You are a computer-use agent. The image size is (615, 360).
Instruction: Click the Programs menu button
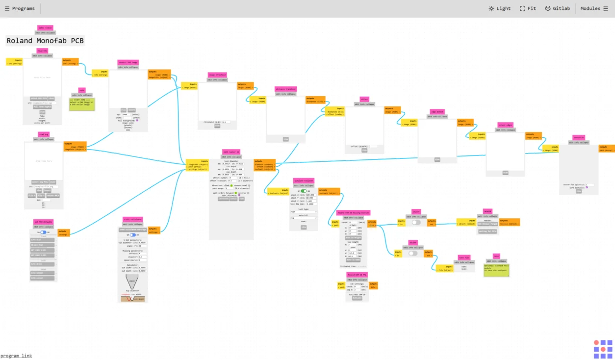coord(20,8)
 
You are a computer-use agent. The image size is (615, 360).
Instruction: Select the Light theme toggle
coord(499,8)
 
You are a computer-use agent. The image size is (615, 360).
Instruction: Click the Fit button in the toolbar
coord(528,8)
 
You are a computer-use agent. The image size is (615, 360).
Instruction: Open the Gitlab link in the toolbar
coord(557,8)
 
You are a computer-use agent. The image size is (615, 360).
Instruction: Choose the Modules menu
coord(594,8)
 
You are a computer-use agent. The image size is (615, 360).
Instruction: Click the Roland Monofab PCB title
coord(45,41)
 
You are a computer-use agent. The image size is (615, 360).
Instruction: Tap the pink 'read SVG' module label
coord(42,51)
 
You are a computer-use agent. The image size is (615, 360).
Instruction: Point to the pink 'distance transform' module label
coord(285,89)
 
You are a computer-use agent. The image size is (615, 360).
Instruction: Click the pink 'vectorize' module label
coord(579,137)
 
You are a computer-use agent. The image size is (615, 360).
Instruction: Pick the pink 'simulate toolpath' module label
coord(304,180)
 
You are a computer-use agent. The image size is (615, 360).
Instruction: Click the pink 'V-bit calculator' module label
coord(132,219)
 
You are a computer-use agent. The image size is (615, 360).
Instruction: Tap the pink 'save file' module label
coord(464,257)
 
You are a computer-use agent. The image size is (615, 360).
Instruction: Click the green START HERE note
coord(81,103)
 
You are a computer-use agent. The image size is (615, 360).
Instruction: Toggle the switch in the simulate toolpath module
coord(304,191)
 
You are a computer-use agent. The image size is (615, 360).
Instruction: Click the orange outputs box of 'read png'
coord(75,146)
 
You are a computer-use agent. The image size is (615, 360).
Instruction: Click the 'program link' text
coord(16,356)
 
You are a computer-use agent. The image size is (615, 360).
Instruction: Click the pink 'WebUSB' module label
coord(487,211)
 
